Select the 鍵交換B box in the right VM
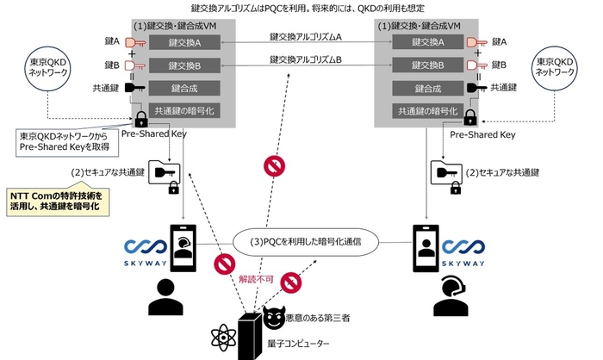click(x=425, y=66)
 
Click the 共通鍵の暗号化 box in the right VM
click(x=425, y=111)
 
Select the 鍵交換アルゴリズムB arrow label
click(x=305, y=59)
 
